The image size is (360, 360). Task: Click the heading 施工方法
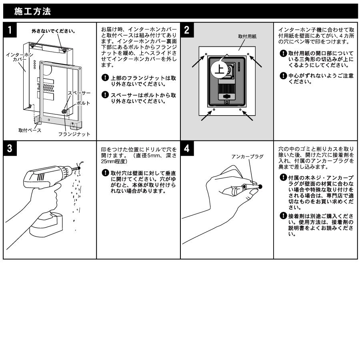[x=32, y=11]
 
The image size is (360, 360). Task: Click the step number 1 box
[x=10, y=30]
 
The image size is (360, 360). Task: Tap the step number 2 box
[x=187, y=30]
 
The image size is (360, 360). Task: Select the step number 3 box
[x=10, y=148]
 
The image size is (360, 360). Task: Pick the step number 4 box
[x=187, y=148]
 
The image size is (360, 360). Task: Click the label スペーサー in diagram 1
[x=79, y=93]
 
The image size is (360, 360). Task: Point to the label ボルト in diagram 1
[x=83, y=103]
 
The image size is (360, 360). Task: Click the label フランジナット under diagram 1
[x=74, y=134]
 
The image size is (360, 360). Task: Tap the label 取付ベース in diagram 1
[x=30, y=130]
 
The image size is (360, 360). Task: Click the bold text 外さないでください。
[x=54, y=31]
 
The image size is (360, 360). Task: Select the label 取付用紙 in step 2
[x=247, y=36]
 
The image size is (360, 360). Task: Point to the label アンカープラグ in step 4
[x=248, y=156]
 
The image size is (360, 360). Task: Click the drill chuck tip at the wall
[x=78, y=168]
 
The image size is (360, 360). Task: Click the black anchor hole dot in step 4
[x=260, y=186]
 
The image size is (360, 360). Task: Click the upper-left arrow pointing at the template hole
[x=198, y=61]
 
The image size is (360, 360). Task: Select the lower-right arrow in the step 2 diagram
[x=248, y=116]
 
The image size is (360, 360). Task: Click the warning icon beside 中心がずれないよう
[x=283, y=76]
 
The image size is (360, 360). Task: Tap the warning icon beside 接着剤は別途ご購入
[x=283, y=216]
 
